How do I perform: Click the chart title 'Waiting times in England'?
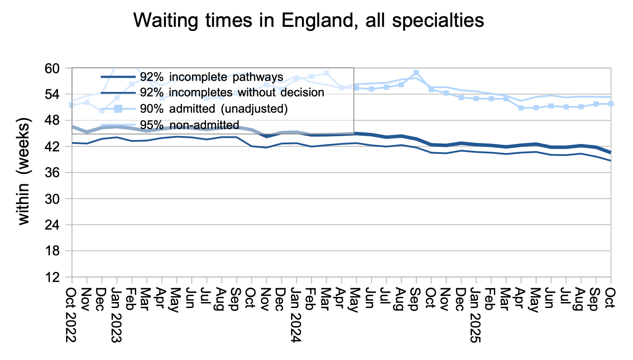[x=308, y=20]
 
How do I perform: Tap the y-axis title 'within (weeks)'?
[x=24, y=171]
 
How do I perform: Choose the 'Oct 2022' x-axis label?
[x=71, y=315]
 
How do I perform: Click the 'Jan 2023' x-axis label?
[x=116, y=315]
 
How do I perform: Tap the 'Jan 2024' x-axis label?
[x=296, y=315]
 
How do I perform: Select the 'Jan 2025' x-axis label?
[x=475, y=315]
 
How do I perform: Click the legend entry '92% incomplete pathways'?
[x=211, y=77]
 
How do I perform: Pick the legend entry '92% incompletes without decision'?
[x=232, y=93]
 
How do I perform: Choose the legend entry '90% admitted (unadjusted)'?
[x=213, y=109]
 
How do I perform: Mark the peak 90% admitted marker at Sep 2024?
[x=416, y=73]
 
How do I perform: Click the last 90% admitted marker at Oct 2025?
[x=611, y=104]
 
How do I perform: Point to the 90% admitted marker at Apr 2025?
[x=521, y=108]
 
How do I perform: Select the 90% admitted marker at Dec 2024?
[x=461, y=98]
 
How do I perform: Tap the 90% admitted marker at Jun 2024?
[x=371, y=89]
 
